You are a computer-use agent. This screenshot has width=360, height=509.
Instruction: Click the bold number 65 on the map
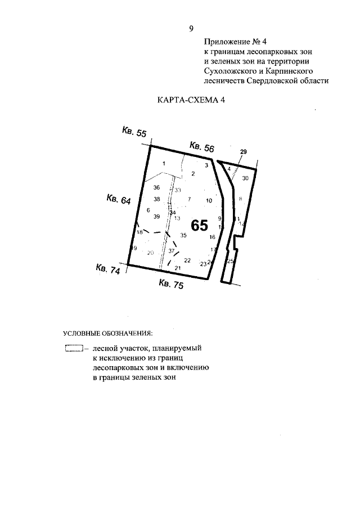(x=200, y=226)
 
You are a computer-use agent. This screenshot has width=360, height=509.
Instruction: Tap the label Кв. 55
(x=134, y=132)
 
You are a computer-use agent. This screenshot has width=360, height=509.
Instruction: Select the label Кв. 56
(x=202, y=147)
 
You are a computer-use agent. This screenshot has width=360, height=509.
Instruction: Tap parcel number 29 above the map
(x=243, y=152)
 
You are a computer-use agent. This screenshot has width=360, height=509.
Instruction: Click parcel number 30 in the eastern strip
(x=245, y=178)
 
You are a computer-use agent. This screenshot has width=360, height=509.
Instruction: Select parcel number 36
(x=157, y=187)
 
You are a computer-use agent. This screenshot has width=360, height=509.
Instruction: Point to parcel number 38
(x=157, y=199)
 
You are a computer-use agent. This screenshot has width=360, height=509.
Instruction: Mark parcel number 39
(x=157, y=217)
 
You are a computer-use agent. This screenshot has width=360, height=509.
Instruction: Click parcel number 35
(x=183, y=235)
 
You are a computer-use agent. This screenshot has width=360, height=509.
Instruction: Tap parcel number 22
(x=188, y=260)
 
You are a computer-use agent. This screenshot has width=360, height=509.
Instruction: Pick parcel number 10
(x=209, y=200)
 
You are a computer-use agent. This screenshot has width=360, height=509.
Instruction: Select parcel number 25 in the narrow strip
(x=229, y=261)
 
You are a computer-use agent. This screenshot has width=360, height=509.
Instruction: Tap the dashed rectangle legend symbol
(x=74, y=349)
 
